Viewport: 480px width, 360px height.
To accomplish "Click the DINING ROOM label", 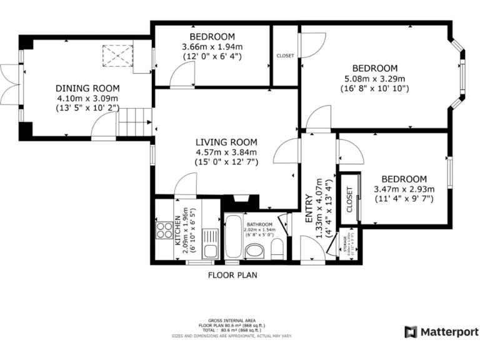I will (87, 88).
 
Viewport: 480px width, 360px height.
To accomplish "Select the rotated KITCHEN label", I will (177, 229).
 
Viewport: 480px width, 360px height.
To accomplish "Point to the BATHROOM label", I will (259, 224).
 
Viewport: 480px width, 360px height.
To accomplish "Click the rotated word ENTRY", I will (309, 211).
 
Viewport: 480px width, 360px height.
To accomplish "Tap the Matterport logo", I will (441, 331).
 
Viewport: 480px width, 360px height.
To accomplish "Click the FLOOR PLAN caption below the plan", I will (232, 274).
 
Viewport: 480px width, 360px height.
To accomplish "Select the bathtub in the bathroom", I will (233, 236).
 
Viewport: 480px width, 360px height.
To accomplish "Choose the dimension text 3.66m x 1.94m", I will (212, 47).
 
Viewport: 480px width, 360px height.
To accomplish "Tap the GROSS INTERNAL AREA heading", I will (232, 321).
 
